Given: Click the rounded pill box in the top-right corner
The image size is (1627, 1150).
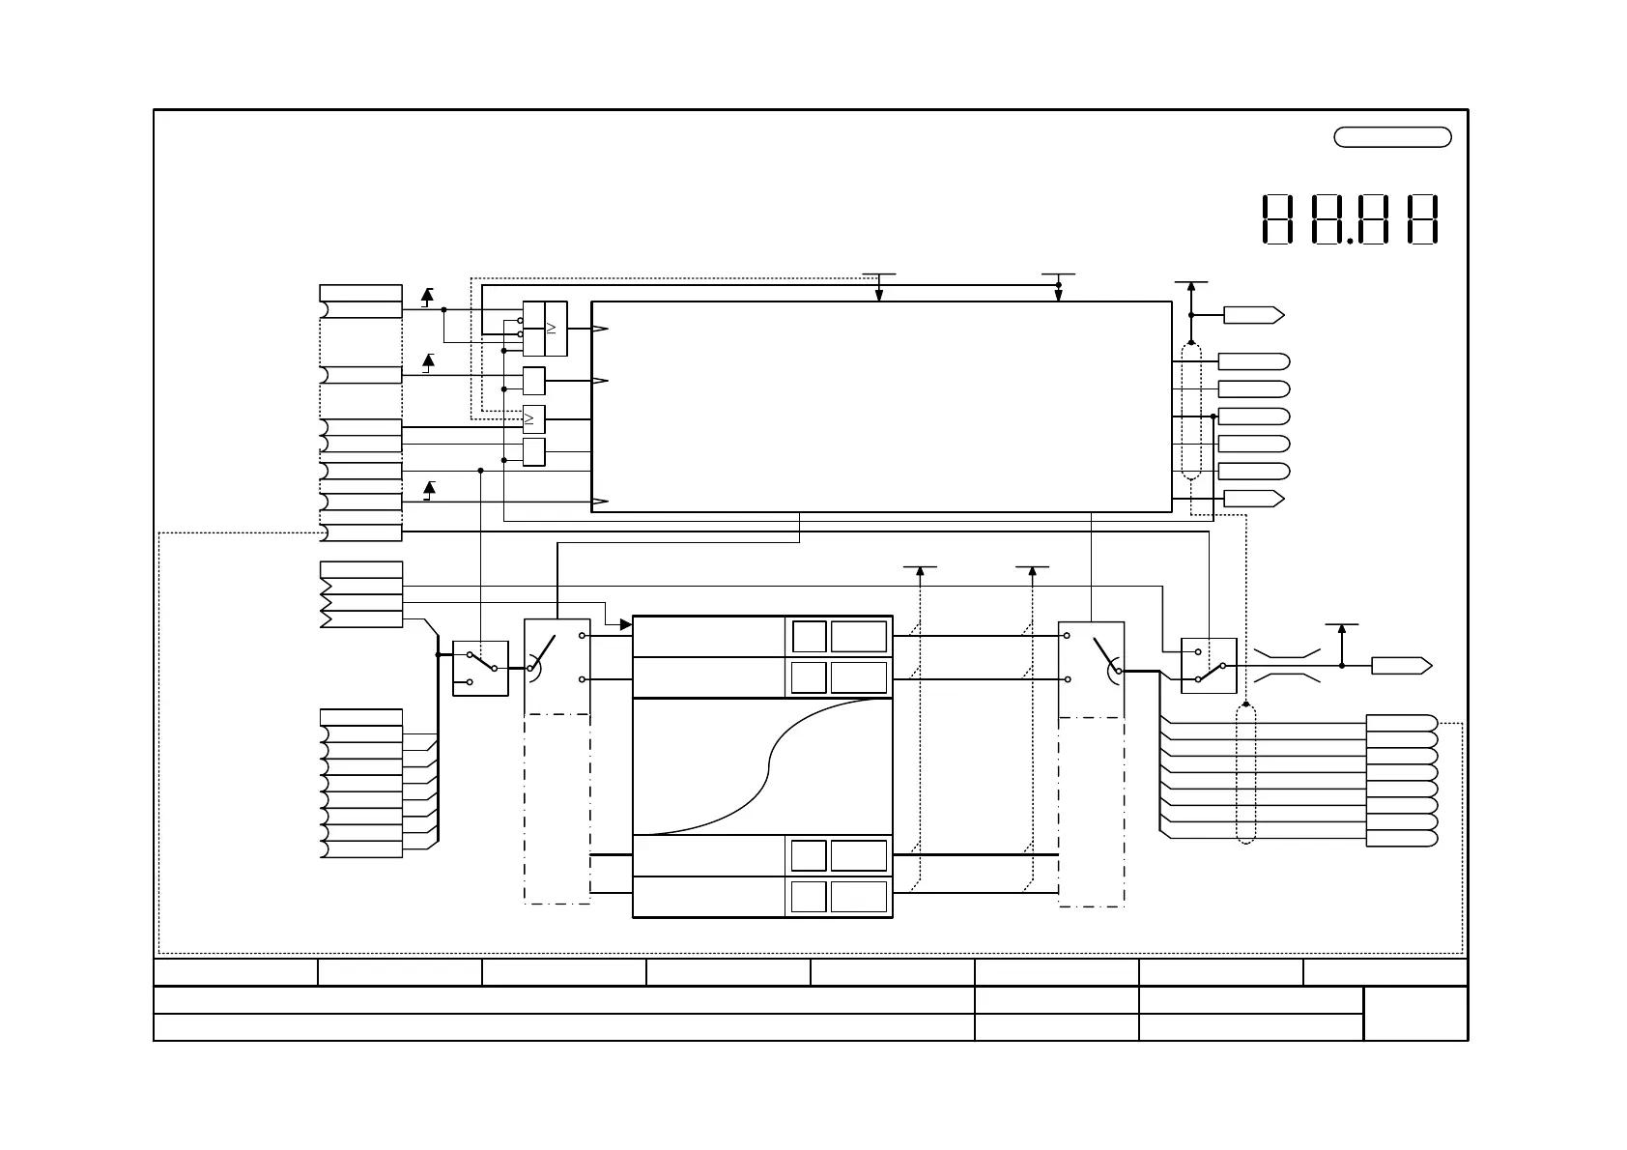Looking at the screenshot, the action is click(1392, 137).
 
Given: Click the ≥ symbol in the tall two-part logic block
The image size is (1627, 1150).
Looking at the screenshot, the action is click(552, 329).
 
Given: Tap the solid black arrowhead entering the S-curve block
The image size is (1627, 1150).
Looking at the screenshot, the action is click(626, 625).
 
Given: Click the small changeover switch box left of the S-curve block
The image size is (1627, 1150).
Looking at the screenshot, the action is click(480, 668).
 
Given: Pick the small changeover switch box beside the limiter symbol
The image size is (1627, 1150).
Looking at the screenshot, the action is click(1209, 666).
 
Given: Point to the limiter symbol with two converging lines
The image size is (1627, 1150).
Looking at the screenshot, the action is click(1287, 666).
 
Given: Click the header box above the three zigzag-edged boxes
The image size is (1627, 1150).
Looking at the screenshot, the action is click(361, 569).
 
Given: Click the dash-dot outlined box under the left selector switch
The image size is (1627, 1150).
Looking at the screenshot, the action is click(557, 809).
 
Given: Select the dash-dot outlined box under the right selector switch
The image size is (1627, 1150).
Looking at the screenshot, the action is click(1092, 812).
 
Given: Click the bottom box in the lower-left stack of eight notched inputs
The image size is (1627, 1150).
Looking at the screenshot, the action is click(361, 849).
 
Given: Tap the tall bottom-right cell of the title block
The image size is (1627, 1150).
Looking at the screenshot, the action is click(1415, 1014).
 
